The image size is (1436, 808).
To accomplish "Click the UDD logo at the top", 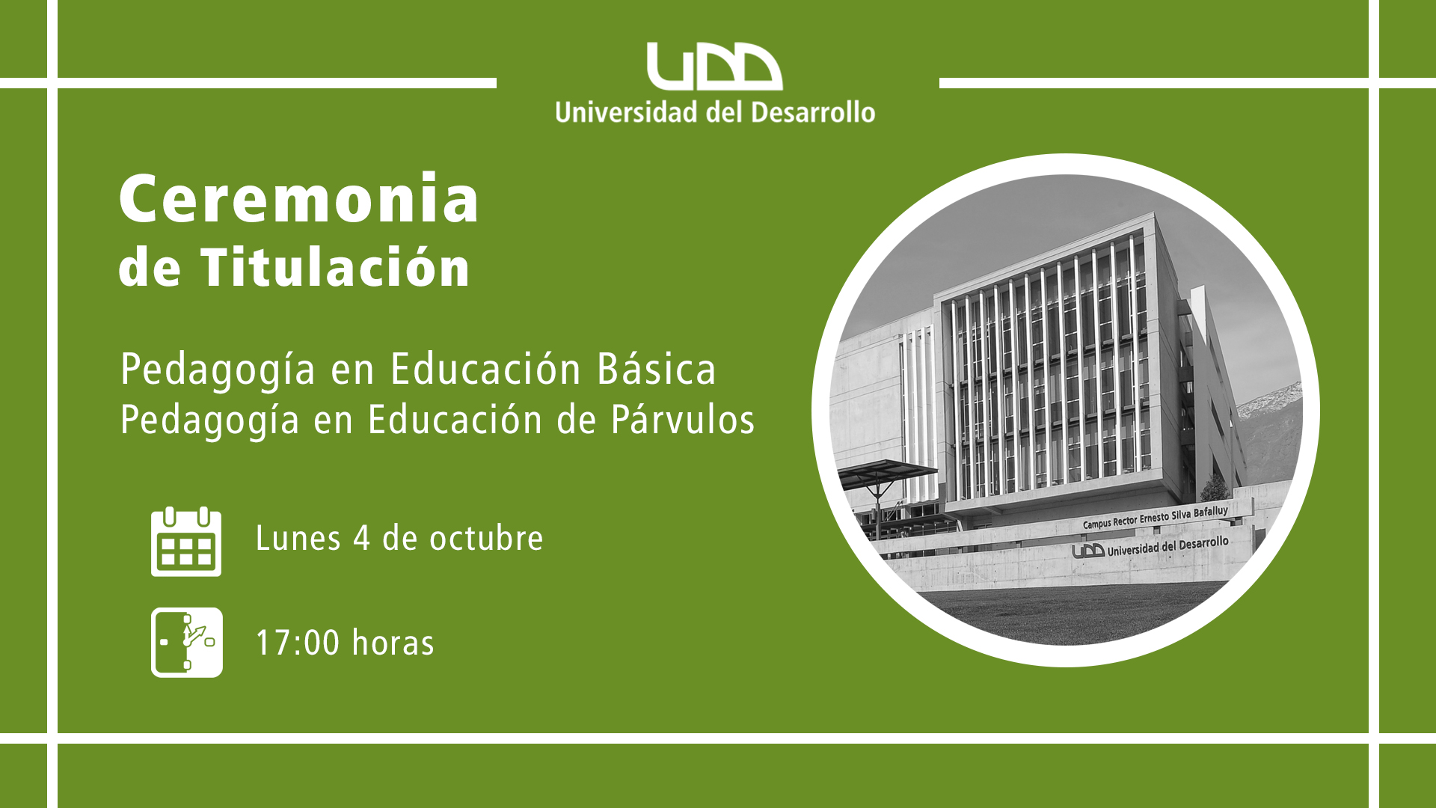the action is coord(714,67).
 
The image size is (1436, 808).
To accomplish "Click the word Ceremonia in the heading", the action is coord(299,198).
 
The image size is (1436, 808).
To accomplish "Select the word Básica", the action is coord(657,369).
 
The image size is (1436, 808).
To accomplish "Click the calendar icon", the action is coord(186,542).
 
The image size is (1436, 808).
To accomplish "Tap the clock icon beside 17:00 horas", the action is coord(187,643).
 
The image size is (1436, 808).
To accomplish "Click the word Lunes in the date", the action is coord(298,538).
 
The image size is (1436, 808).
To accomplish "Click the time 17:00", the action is coord(298,643).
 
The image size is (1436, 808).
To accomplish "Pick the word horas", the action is coord(393,643).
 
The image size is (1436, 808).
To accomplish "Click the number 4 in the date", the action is coord(362,539).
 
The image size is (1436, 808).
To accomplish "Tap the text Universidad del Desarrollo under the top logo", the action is coord(715,112).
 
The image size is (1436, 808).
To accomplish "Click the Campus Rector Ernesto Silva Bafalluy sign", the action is coord(1155,518).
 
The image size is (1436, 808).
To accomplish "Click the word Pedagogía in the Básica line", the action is coord(218,370).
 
